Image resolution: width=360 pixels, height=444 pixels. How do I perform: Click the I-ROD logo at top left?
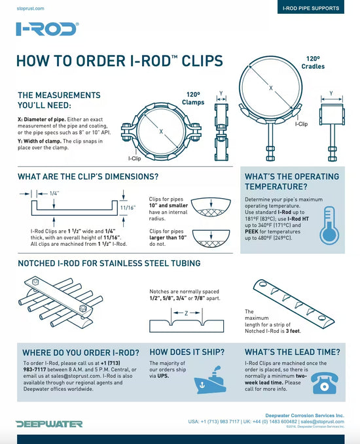pyautogui.click(x=47, y=29)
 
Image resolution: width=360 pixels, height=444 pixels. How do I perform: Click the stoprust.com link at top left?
pyautogui.click(x=29, y=9)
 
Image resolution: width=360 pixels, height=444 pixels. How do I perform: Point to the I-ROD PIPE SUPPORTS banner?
pyautogui.click(x=310, y=9)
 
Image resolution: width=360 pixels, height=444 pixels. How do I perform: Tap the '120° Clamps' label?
pyautogui.click(x=194, y=98)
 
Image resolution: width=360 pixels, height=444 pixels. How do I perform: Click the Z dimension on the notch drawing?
pyautogui.click(x=186, y=313)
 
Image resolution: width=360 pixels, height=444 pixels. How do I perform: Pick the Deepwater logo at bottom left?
pyautogui.click(x=49, y=424)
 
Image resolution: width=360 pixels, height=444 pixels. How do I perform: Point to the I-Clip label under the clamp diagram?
pyautogui.click(x=134, y=158)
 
